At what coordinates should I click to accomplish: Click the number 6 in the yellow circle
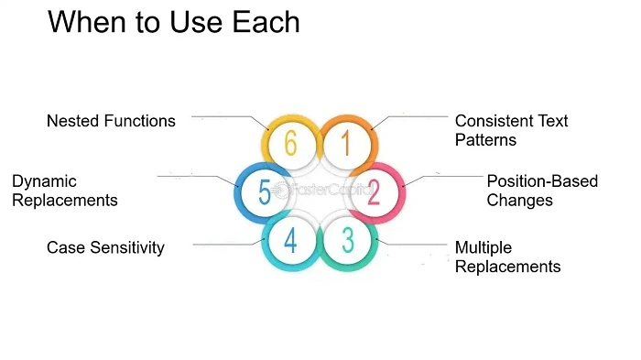(x=290, y=145)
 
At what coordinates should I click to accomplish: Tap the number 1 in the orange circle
(x=347, y=145)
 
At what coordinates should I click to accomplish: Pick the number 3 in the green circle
(x=348, y=240)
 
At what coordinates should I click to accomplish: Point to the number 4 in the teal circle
(x=290, y=240)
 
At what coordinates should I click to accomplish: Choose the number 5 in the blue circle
(x=264, y=192)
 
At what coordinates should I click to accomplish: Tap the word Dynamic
(x=44, y=181)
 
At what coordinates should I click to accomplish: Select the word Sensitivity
(x=125, y=247)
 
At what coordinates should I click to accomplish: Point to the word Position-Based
(x=542, y=181)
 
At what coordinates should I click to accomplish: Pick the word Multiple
(x=483, y=247)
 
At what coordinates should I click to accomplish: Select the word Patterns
(x=486, y=140)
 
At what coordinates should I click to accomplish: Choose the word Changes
(x=518, y=201)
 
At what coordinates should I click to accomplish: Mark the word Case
(x=64, y=247)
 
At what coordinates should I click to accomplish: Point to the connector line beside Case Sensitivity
(x=224, y=244)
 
